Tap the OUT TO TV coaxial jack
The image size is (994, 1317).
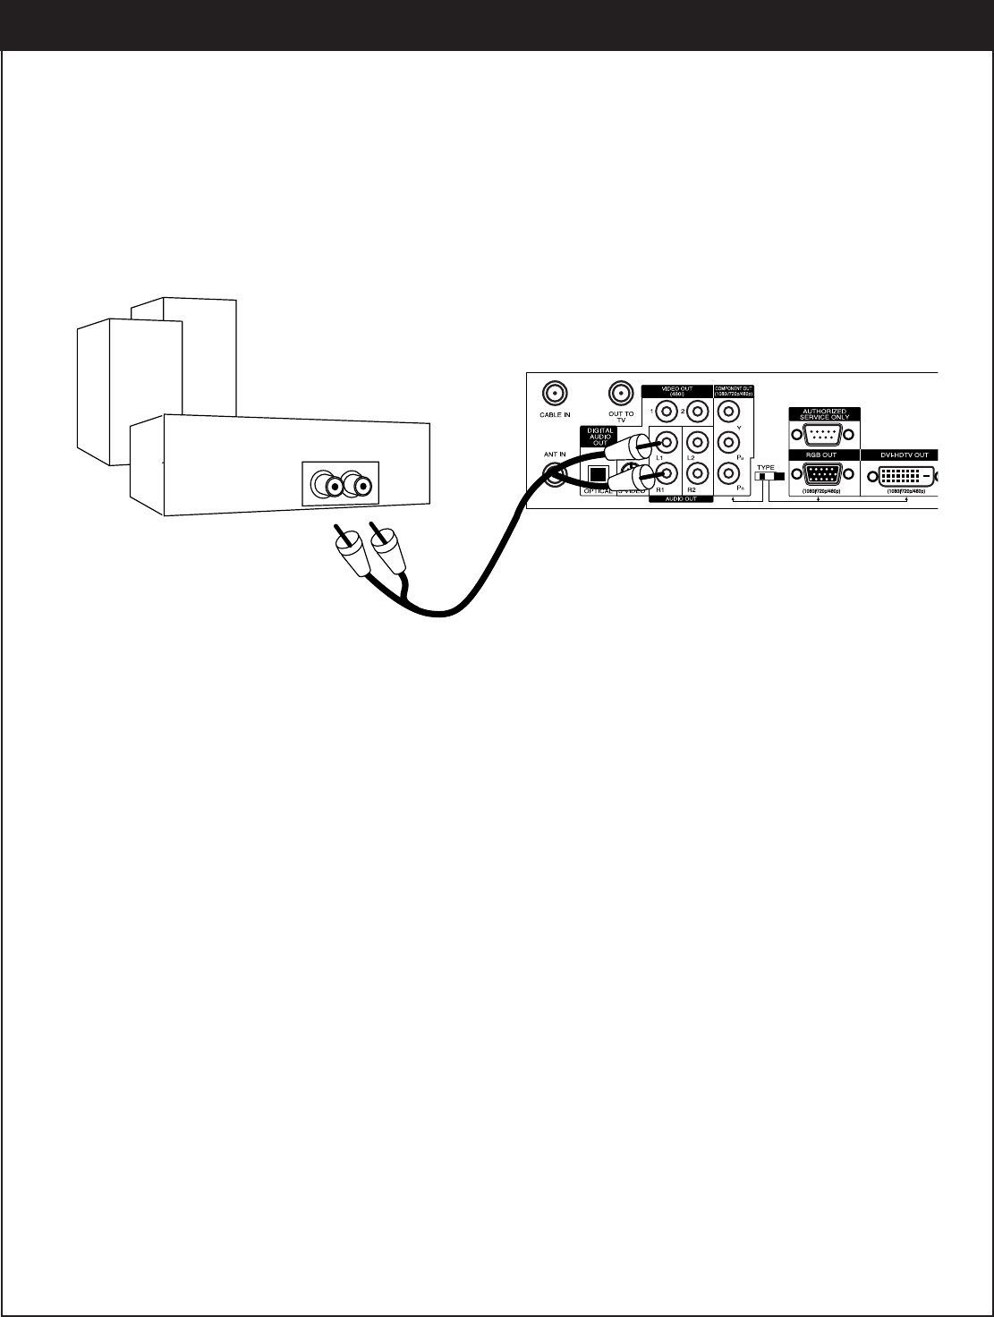tap(621, 393)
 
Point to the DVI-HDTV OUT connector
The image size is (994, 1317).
tap(899, 475)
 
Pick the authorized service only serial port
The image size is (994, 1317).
tap(819, 436)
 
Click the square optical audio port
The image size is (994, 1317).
tap(596, 475)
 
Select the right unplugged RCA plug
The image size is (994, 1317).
tap(390, 551)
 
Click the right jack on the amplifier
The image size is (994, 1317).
tap(360, 486)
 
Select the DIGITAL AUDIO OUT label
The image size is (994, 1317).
tap(600, 437)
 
